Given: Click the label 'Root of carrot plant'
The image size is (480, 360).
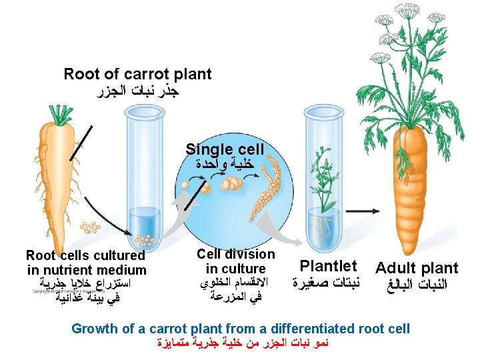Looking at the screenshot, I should click(137, 74).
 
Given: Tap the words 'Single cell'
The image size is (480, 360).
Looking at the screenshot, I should click(225, 149).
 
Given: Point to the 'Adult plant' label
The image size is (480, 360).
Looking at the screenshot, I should click(417, 269).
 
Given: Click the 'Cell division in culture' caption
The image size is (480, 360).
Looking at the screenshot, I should click(235, 262).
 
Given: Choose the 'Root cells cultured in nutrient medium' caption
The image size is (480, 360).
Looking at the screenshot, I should click(86, 263).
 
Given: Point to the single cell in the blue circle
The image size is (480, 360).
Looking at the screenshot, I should click(205, 189).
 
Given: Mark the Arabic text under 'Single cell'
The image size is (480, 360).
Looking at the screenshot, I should click(225, 163).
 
